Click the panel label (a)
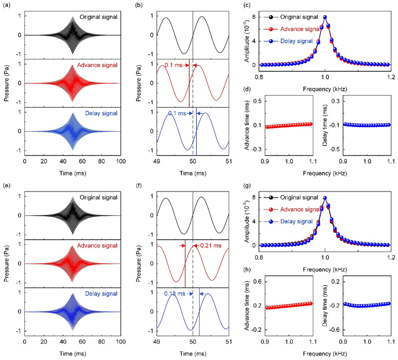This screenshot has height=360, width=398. tap(5, 5)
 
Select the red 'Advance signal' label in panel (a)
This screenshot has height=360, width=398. tap(101, 65)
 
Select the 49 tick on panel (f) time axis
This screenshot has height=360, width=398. tap(157, 343)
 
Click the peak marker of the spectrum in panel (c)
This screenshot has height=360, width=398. tap(325, 17)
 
